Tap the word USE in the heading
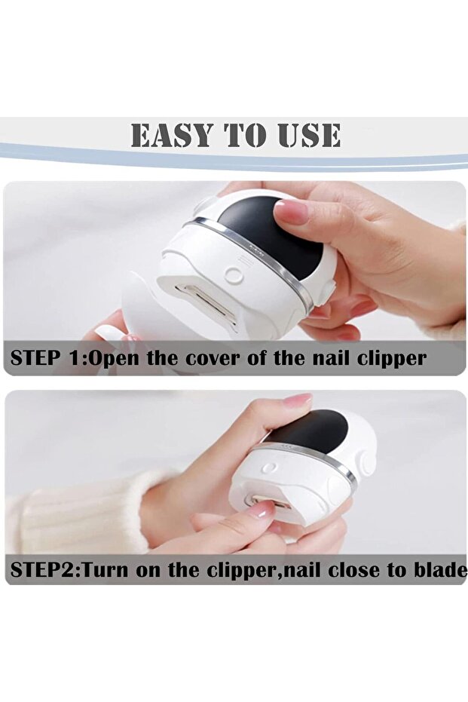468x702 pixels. coord(305,135)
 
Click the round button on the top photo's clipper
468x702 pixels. coord(234,276)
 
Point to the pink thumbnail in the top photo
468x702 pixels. coord(292,212)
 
